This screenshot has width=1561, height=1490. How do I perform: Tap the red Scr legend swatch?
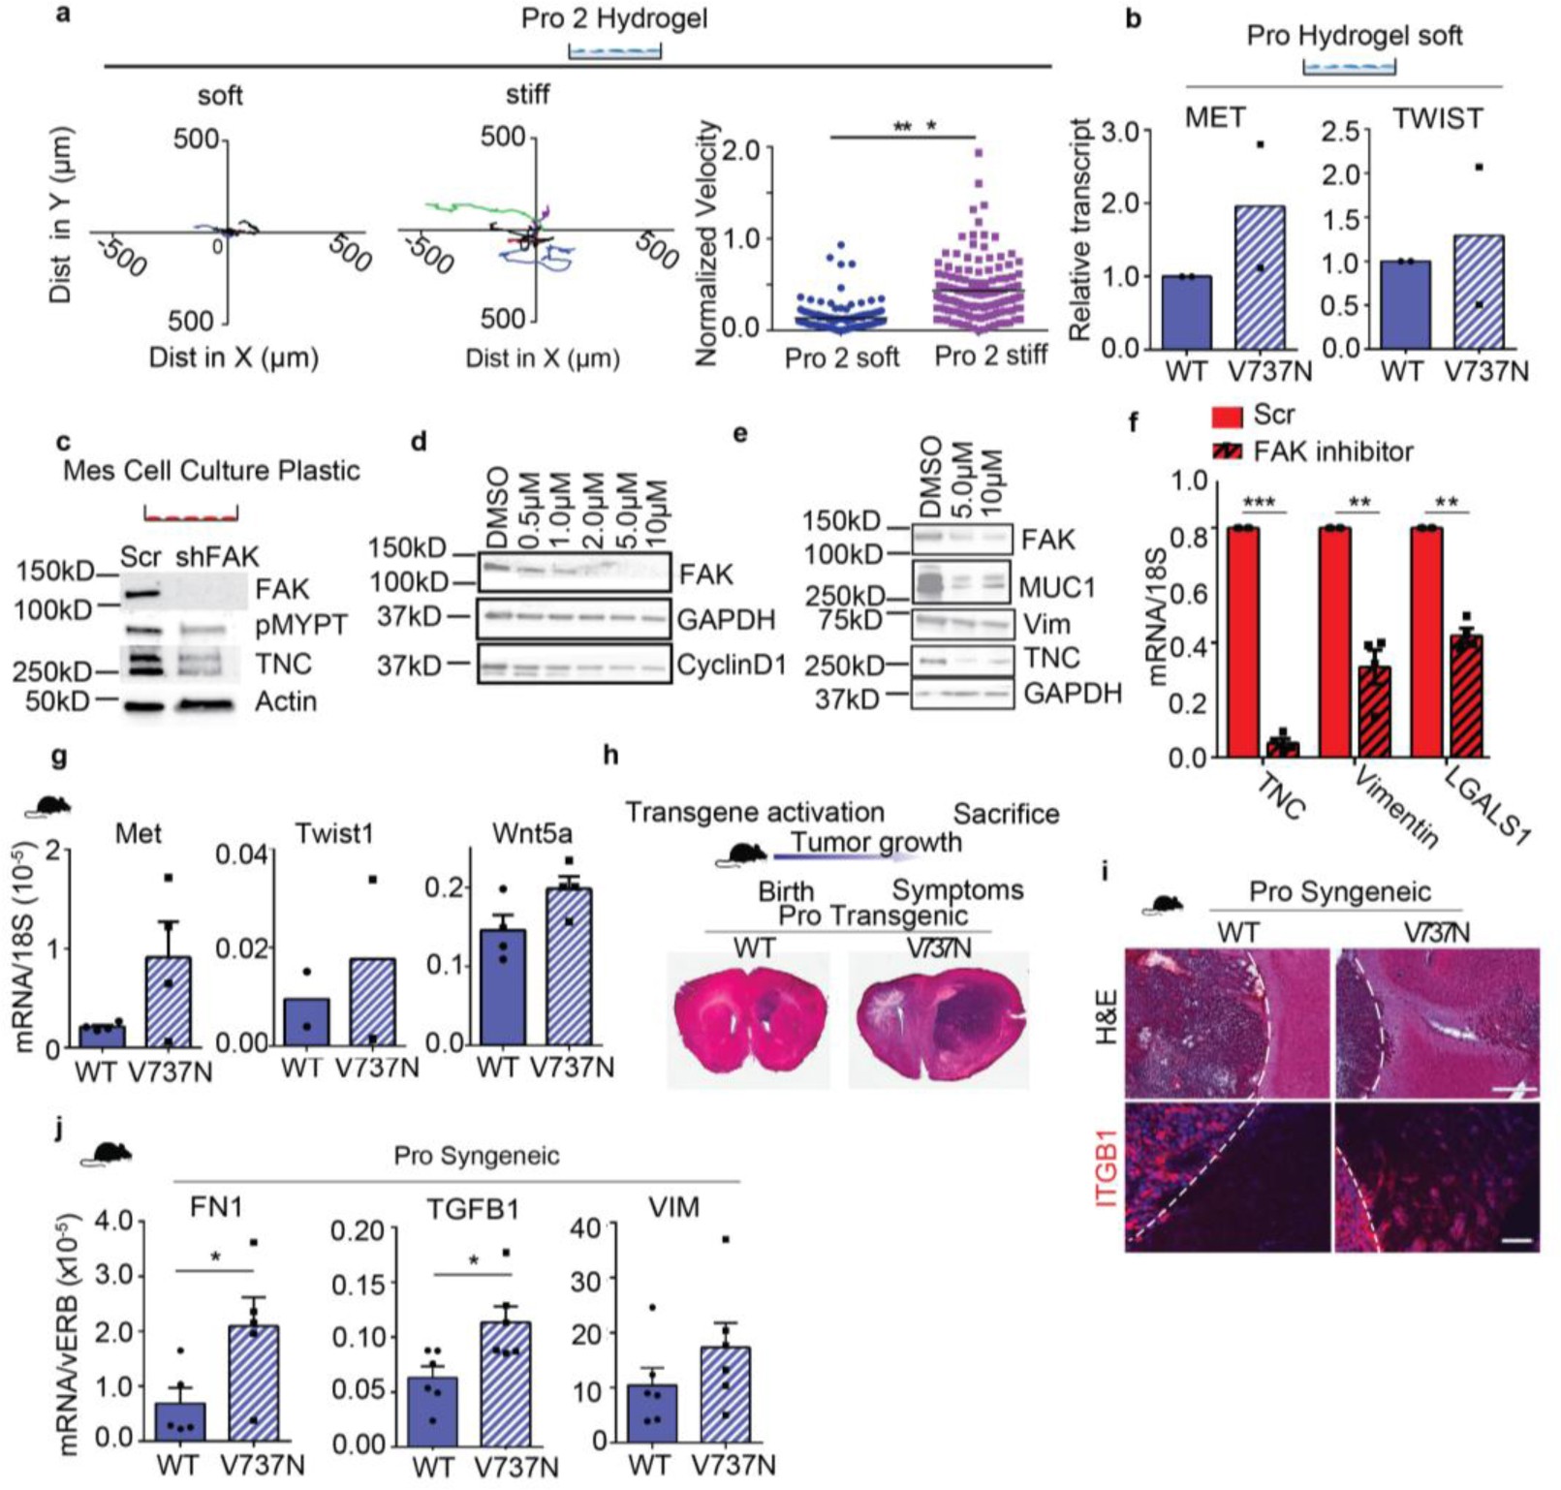pos(1227,417)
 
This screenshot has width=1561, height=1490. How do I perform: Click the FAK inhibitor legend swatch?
pos(1227,452)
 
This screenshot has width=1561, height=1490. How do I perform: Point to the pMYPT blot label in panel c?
pos(300,626)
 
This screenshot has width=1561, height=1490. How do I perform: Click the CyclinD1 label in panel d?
pos(732,666)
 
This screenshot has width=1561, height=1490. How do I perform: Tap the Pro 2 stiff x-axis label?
pos(989,356)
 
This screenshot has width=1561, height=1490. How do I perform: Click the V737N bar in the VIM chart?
pos(726,1394)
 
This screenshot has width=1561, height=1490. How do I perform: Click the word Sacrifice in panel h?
pos(1006,814)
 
